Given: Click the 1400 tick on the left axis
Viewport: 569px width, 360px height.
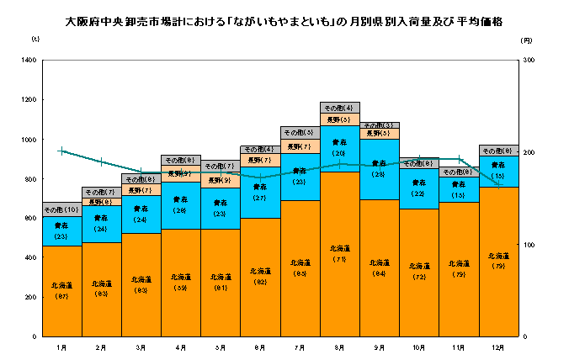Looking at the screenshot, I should click(29, 61).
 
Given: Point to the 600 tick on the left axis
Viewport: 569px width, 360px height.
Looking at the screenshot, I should click(30, 219).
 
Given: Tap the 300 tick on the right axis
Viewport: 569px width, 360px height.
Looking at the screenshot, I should click(529, 61).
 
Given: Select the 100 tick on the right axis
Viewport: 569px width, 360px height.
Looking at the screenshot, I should click(529, 245).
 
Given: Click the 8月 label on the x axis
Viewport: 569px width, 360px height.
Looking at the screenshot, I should click(340, 347).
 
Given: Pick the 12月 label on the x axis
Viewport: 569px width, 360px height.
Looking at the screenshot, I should click(499, 347).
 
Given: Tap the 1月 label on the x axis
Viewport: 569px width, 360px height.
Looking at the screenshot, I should click(61, 347).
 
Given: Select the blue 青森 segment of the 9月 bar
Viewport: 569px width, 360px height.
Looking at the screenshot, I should click(380, 169).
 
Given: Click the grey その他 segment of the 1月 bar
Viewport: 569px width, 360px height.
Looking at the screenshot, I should click(61, 209).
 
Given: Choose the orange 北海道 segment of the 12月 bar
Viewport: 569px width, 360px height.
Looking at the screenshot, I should click(499, 262).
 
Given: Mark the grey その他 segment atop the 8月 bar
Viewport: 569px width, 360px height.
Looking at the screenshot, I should click(340, 108).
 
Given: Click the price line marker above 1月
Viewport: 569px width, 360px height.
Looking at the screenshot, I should click(61, 151).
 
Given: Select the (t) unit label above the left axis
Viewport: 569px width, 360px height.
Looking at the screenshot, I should click(35, 40).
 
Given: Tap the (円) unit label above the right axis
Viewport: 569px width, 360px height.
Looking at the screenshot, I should click(526, 40).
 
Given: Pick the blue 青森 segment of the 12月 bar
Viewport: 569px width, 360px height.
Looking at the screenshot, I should click(499, 172).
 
